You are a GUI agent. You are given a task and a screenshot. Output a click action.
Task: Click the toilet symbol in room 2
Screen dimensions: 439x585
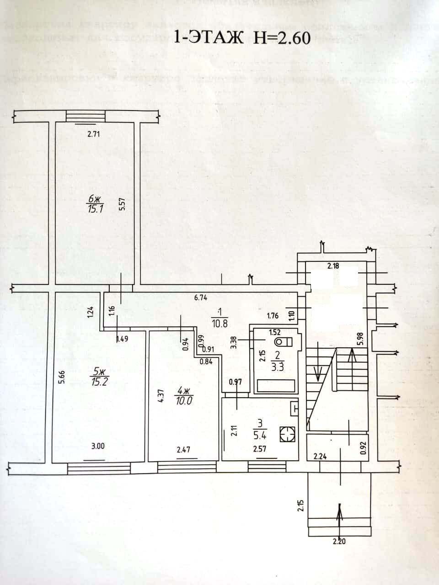point(283,341)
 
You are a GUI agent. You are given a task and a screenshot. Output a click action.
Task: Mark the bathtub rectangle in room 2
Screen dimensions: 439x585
point(275,386)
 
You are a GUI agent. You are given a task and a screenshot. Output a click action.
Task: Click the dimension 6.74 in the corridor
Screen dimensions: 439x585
point(201,298)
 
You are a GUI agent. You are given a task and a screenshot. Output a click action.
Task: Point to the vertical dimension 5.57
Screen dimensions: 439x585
point(121,204)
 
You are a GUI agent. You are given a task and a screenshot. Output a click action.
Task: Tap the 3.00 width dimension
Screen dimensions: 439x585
point(97,446)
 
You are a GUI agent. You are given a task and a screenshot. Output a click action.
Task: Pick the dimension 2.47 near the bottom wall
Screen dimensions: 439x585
point(183,449)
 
